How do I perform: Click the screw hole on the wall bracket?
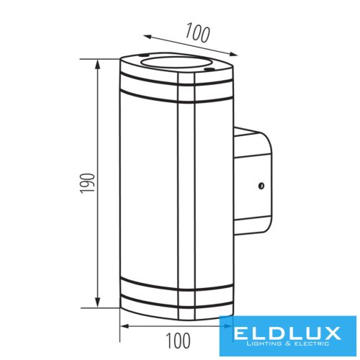coord(261,186)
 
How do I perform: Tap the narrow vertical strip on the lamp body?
coord(184,194)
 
